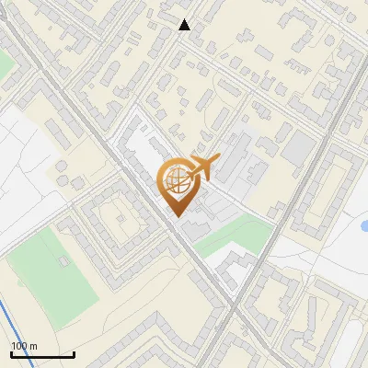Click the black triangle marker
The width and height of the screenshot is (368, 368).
[x=185, y=25]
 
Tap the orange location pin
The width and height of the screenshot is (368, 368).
[x=176, y=185]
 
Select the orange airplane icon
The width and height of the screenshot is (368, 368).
[x=203, y=167]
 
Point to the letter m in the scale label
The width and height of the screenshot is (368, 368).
[x=33, y=347]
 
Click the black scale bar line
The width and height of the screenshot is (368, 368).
[x=42, y=355]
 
